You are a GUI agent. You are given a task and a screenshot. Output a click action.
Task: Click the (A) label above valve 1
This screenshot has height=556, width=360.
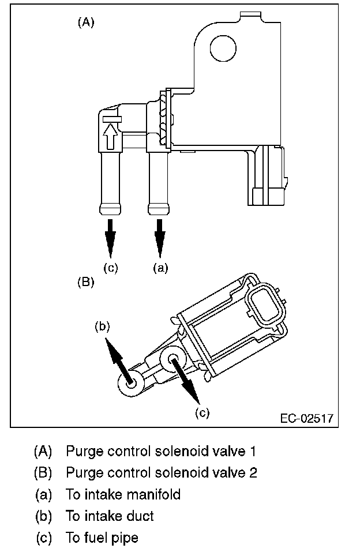pyautogui.click(x=85, y=22)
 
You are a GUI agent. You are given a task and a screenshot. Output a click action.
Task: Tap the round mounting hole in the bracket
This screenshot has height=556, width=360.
pyautogui.click(x=223, y=47)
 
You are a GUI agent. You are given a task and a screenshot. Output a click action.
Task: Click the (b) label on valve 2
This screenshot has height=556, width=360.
pyautogui.click(x=102, y=326)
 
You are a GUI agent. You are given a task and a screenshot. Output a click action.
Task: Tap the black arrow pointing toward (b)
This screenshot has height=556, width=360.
pyautogui.click(x=119, y=359)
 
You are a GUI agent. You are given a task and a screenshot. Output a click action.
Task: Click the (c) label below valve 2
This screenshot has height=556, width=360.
pyautogui.click(x=201, y=412)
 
